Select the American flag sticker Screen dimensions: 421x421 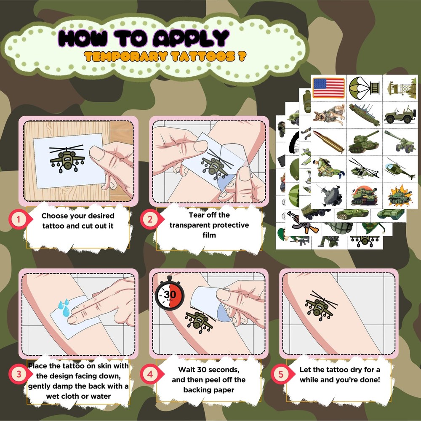(x=328, y=88)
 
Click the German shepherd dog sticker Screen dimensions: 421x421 (x=328, y=115)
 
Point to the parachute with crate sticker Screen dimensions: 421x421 (x=364, y=88)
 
